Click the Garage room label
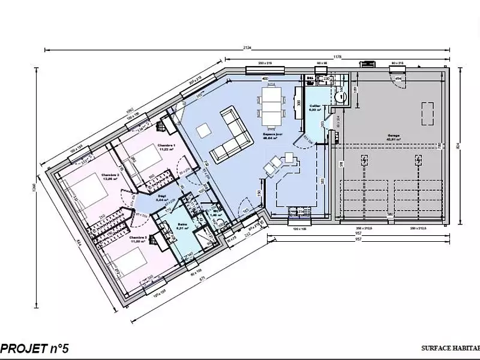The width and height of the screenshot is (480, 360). [393, 136]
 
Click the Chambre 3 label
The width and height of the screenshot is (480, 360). [138, 238]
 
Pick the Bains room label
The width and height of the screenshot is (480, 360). [182, 226]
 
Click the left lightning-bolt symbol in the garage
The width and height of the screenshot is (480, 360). [364, 160]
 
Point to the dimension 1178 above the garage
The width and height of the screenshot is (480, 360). [337, 58]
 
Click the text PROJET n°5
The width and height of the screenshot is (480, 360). [35, 347]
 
